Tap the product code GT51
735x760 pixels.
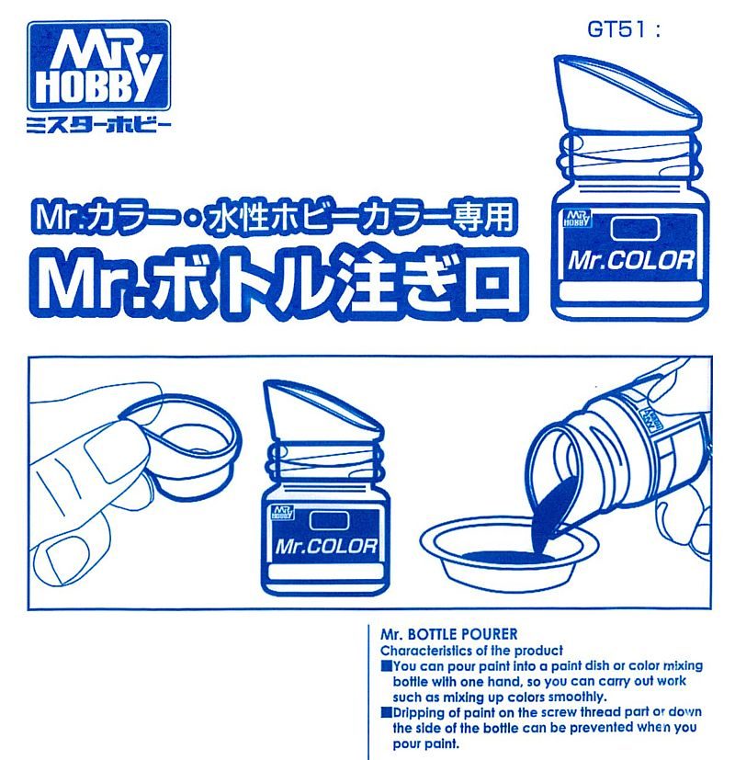617,28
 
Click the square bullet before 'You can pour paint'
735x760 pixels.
386,664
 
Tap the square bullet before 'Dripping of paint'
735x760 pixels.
386,712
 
